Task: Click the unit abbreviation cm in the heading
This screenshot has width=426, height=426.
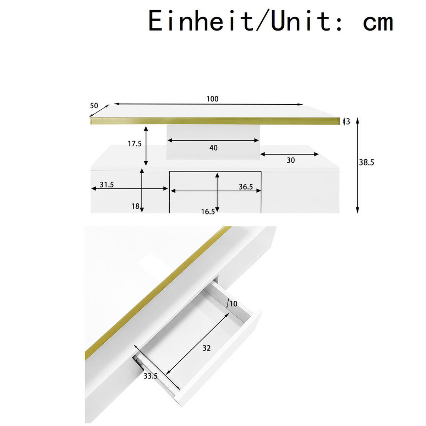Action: click(378, 21)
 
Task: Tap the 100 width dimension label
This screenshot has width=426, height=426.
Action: click(212, 99)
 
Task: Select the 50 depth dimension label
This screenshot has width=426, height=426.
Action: click(94, 106)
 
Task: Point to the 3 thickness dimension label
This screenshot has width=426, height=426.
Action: click(348, 121)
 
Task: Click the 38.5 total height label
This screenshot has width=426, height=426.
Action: click(366, 163)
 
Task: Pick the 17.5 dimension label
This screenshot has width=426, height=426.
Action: click(135, 144)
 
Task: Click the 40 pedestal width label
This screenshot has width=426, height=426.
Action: click(213, 148)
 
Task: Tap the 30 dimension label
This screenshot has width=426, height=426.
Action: click(290, 160)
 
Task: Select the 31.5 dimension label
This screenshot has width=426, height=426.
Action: click(106, 185)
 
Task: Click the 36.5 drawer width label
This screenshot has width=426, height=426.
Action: click(245, 187)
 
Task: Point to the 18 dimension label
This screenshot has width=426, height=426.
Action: click(135, 206)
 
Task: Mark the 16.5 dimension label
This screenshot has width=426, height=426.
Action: click(208, 212)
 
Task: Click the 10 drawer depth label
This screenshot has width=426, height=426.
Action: click(233, 304)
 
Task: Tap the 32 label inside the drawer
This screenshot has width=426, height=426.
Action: click(207, 348)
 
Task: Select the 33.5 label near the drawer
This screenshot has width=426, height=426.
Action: click(151, 376)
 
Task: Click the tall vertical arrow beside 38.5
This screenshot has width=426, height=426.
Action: click(357, 165)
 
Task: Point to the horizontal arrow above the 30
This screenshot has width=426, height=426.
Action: click(290, 154)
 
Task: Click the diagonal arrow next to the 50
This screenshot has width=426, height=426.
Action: click(99, 111)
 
